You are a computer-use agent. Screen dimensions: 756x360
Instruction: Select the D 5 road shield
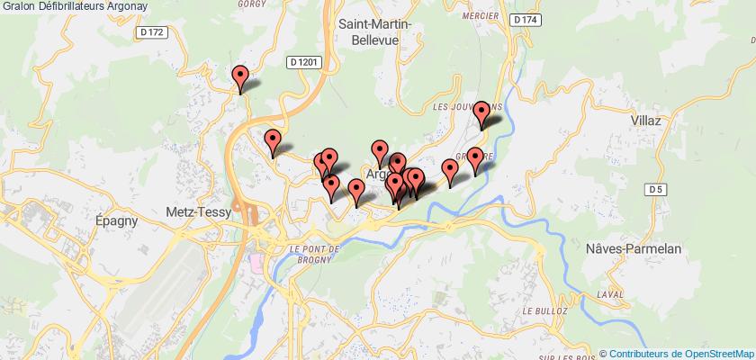[655, 188]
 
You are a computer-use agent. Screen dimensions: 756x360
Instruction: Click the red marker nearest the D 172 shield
[240, 79]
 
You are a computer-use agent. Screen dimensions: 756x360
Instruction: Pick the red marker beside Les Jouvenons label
[482, 114]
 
